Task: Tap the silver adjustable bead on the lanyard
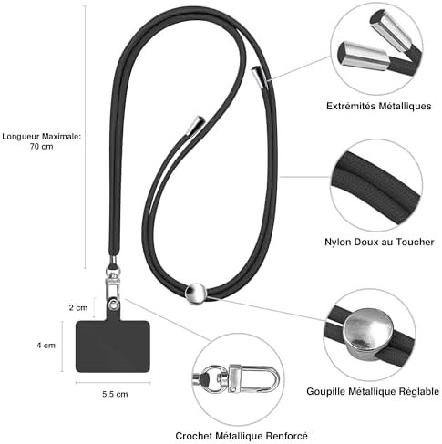pos(196,294)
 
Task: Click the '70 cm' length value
pos(42,147)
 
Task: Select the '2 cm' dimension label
pos(78,308)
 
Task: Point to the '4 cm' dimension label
pos(46,346)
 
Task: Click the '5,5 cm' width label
pos(115,394)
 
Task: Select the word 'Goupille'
pos(325,391)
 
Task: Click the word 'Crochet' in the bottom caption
pos(194,436)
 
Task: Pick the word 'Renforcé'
pos(287,436)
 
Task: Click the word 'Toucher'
pos(415,243)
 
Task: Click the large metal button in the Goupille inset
pos(368,332)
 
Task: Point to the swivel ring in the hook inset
pos(214,378)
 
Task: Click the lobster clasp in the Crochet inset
pos(253,378)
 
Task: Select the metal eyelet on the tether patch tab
pos(114,305)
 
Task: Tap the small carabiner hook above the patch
pos(113,285)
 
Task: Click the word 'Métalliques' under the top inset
pos(405,106)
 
